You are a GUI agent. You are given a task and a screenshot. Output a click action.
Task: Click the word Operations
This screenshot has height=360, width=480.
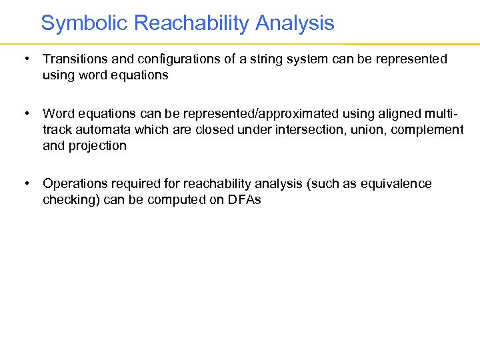[x=73, y=183]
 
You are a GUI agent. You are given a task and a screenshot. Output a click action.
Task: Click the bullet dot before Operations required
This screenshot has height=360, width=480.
[x=25, y=183]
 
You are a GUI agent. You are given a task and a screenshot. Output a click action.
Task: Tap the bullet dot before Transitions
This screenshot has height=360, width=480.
[x=25, y=59]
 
